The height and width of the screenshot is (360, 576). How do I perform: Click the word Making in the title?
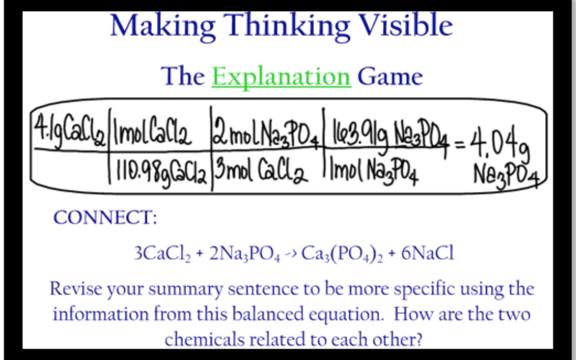coord(163,26)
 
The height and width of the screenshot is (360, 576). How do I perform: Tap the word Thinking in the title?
coord(287,26)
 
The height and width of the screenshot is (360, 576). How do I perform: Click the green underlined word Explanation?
coord(281,78)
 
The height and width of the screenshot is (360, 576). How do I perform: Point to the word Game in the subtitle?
coord(390,76)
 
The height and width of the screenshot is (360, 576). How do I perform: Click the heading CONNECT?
coord(105,218)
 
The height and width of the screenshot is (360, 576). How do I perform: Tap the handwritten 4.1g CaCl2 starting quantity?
coord(70,132)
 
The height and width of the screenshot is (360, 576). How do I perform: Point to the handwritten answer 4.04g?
coord(500,142)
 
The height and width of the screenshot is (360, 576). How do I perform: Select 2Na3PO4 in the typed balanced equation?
coord(245,254)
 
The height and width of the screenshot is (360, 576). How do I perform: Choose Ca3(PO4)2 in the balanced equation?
coord(342,254)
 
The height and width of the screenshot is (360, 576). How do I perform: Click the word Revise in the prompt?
coord(76,289)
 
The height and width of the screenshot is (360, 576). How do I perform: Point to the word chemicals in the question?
coord(204,339)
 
